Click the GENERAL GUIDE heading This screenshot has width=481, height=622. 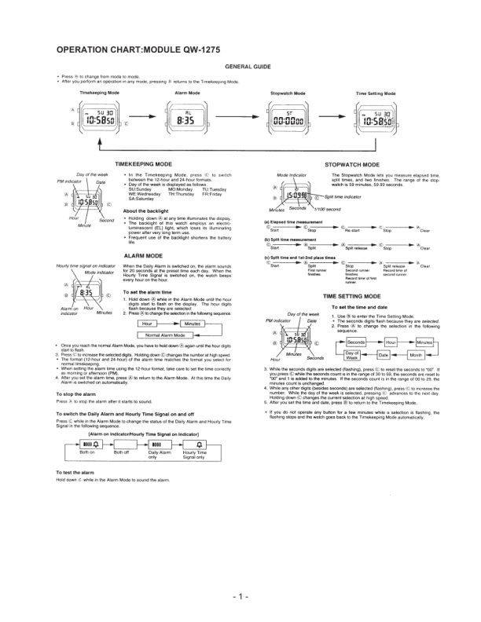tap(248, 68)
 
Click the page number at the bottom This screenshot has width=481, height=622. tap(240, 598)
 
